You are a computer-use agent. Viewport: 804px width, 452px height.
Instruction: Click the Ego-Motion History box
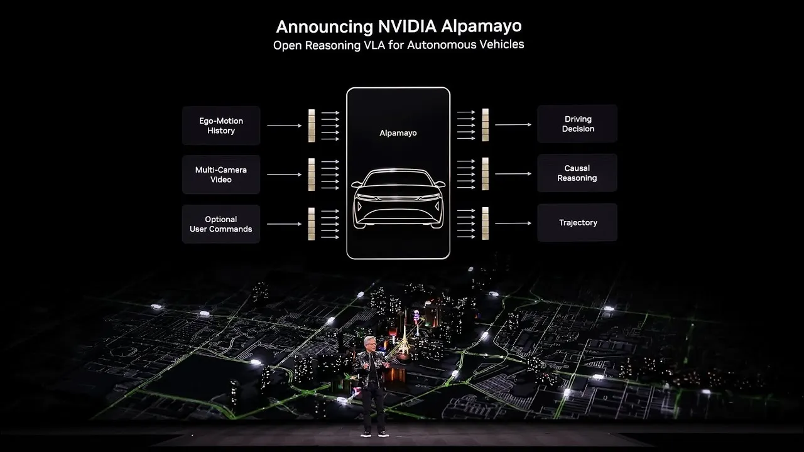point(221,126)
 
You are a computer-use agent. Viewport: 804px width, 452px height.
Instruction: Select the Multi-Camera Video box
point(221,175)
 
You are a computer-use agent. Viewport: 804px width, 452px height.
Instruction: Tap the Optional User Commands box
point(221,224)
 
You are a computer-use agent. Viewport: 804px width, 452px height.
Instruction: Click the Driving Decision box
point(577,124)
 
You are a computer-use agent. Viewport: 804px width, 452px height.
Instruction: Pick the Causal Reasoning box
point(577,173)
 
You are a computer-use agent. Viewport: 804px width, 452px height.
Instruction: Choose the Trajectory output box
point(577,222)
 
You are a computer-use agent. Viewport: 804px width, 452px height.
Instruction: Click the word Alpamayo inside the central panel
point(398,133)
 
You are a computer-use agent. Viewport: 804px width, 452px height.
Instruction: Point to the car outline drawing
point(398,198)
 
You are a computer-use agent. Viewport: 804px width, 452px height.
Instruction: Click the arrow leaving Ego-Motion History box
point(284,126)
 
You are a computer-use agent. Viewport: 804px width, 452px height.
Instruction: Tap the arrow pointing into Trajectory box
point(513,223)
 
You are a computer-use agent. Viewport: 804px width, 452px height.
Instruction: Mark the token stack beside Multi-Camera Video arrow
point(311,175)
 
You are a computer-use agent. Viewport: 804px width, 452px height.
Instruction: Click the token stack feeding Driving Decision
point(485,124)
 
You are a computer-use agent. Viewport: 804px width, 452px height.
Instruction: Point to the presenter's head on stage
point(369,343)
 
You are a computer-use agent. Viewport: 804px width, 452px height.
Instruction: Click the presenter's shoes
point(374,433)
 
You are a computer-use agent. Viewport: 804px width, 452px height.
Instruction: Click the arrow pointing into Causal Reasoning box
point(513,174)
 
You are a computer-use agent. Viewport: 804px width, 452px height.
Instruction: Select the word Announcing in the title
point(325,27)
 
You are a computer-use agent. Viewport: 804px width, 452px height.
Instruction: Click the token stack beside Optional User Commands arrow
point(311,224)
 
